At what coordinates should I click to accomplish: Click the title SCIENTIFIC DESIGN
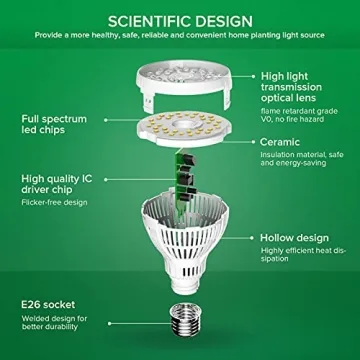(x=179, y=17)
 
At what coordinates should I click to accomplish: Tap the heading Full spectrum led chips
(x=48, y=125)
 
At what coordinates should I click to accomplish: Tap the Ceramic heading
(x=283, y=142)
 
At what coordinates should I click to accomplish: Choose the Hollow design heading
(x=294, y=238)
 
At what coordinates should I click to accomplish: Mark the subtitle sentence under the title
(x=179, y=33)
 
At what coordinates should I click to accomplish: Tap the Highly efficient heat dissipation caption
(x=300, y=258)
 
